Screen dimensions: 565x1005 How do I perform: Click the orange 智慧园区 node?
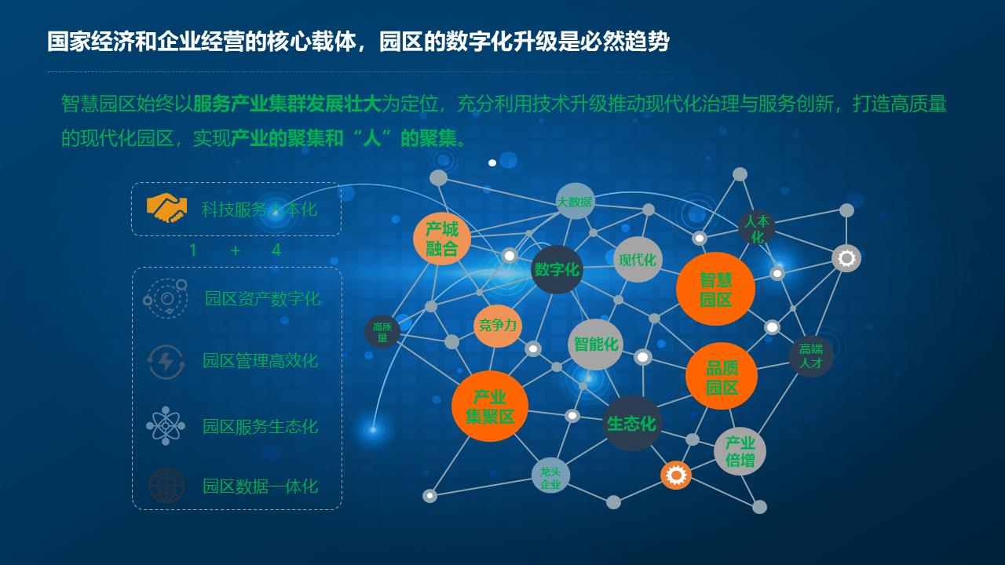(715, 289)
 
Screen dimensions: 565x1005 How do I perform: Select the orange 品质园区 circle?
(721, 376)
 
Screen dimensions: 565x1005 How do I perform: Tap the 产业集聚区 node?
(490, 406)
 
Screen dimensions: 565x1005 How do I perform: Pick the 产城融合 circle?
(442, 239)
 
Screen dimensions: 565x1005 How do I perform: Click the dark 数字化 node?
(557, 269)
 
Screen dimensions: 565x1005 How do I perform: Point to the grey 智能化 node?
(595, 344)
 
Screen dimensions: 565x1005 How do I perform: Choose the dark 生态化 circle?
(632, 423)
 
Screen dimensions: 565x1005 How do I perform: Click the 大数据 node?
(575, 201)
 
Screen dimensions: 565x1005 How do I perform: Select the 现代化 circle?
(638, 259)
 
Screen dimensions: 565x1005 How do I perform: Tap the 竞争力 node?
(498, 326)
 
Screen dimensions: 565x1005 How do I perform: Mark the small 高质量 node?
(382, 332)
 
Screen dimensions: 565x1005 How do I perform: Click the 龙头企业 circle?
(550, 476)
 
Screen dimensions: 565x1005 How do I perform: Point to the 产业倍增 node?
(740, 451)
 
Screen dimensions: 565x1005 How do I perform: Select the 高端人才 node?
(810, 355)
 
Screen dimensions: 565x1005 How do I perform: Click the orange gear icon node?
(676, 475)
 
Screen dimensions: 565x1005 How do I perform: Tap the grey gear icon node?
(846, 258)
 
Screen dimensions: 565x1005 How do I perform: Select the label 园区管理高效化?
(260, 361)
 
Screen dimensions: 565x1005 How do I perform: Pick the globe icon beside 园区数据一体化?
(166, 486)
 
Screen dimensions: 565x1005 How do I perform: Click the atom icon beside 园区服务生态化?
(166, 426)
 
